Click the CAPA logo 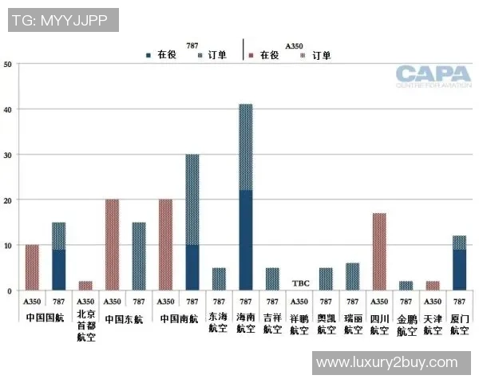(x=433, y=76)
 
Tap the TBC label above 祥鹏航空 (x=300, y=283)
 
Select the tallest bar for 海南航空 (x=246, y=197)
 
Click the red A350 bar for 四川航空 (x=379, y=251)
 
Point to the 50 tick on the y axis (x=8, y=64)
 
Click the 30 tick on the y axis (x=8, y=154)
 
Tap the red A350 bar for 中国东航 (x=112, y=245)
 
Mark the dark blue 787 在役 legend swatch (x=148, y=55)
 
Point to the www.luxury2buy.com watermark (x=386, y=362)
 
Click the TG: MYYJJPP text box (x=61, y=20)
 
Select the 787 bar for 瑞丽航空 (x=353, y=277)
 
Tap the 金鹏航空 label (x=406, y=325)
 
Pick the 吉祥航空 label (x=272, y=325)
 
